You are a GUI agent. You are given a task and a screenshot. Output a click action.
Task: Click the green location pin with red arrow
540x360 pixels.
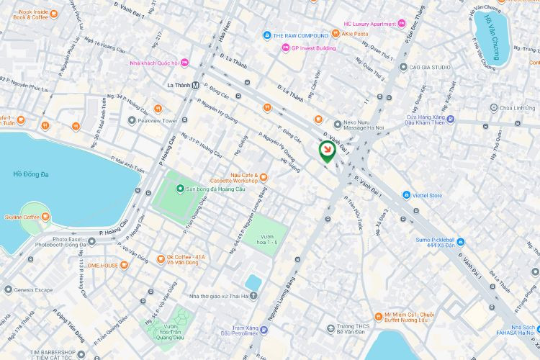pyautogui.click(x=326, y=150)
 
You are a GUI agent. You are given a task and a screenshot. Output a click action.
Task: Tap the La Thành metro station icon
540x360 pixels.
pyautogui.click(x=196, y=84)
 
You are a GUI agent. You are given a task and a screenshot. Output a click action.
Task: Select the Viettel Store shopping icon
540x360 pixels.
pyautogui.click(x=407, y=195)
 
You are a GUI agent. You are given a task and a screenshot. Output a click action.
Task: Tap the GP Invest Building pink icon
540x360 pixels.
pyautogui.click(x=285, y=48)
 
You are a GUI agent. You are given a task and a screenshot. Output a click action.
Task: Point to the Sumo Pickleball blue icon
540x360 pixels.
pyautogui.click(x=461, y=241)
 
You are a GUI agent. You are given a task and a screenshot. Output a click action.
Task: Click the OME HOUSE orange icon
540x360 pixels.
pyautogui.click(x=124, y=265)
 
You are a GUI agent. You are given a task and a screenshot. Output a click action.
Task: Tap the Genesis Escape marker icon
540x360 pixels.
pyautogui.click(x=8, y=290)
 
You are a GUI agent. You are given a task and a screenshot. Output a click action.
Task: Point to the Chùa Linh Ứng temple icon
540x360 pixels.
pyautogui.click(x=493, y=107)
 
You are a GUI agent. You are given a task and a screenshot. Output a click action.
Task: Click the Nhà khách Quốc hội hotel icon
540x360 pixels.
pyautogui.click(x=184, y=63)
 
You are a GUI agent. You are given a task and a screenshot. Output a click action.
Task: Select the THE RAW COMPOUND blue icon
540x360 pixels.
pyautogui.click(x=266, y=35)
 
